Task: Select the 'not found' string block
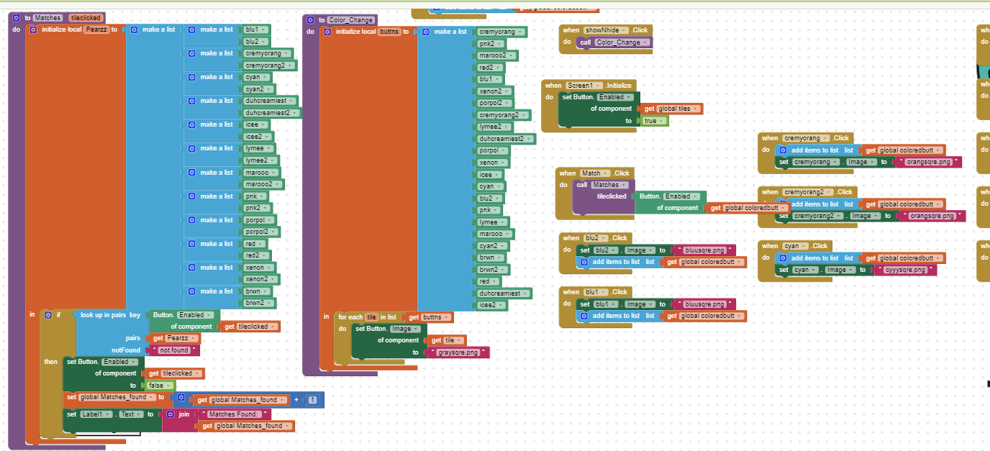(x=173, y=350)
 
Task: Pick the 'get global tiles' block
(x=673, y=109)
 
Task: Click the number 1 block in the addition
(x=312, y=399)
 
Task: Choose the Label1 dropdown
(x=98, y=414)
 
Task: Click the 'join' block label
(x=184, y=414)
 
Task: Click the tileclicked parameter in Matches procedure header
(x=86, y=17)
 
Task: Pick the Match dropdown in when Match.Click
(x=594, y=173)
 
